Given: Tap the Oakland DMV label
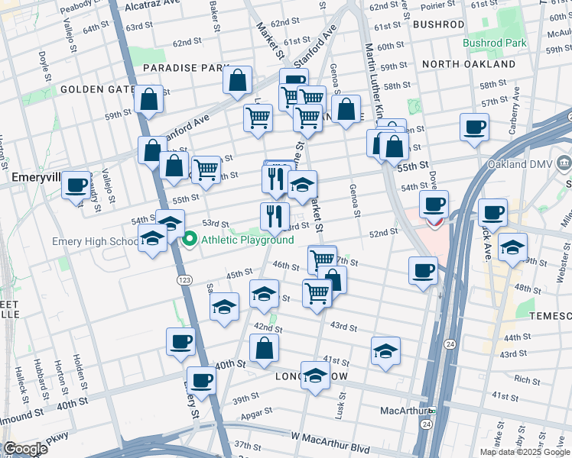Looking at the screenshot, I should (x=518, y=164).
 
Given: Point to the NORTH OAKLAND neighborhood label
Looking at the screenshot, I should (x=468, y=64).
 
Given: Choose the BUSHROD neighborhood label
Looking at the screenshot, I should (x=438, y=24).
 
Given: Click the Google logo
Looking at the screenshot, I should (x=25, y=449).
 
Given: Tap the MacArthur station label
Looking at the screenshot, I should (x=404, y=411).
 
